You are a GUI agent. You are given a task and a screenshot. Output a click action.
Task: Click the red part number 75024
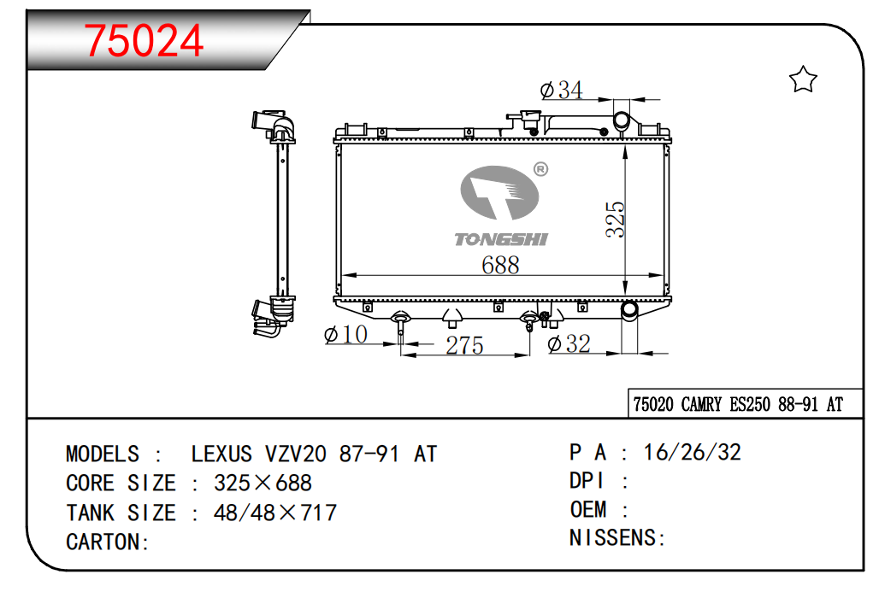coord(145,39)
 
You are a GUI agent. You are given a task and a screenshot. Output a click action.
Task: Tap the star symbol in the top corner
coord(803,79)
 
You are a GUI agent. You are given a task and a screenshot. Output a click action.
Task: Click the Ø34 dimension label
coord(562,89)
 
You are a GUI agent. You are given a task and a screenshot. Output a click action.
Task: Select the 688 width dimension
coord(500,265)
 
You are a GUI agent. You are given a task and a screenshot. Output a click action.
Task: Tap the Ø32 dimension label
coord(569,343)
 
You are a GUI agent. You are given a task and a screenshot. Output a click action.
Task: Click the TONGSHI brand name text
coord(500,239)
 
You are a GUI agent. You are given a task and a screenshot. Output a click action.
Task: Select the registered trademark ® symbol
coord(540,169)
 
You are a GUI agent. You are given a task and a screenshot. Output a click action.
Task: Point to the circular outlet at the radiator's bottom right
coord(629,310)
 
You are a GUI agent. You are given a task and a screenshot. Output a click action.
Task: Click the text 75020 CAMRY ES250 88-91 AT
coord(737,404)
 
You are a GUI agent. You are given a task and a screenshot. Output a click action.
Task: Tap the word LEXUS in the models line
coord(221,454)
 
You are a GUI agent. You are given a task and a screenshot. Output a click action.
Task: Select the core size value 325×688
coord(263,483)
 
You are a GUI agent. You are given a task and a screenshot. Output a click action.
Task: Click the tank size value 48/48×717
coord(274,513)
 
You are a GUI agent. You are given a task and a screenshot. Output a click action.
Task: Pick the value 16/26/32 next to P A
coord(692,452)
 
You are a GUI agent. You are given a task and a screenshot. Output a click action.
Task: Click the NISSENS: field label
coord(617,537)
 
